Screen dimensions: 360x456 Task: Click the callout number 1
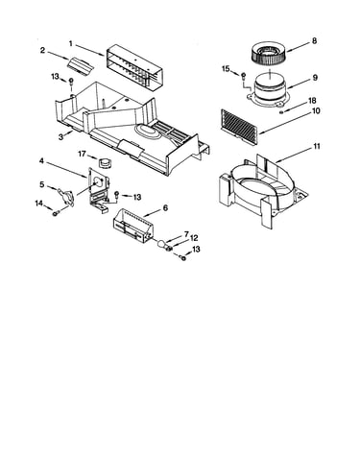coord(71,43)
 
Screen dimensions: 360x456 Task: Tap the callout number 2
coord(42,50)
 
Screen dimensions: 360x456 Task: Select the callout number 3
coord(60,137)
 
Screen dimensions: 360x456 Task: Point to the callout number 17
coord(82,154)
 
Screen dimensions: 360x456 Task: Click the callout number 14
coord(38,204)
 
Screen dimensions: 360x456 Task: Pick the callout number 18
coord(312,101)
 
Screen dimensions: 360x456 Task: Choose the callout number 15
coord(226,68)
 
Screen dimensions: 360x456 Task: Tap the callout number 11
coord(316,146)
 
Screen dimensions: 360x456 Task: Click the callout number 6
coord(165,207)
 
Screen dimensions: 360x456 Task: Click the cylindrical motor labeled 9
coord(271,90)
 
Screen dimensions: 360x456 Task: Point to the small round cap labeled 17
coord(104,162)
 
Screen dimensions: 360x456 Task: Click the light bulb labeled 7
coord(162,245)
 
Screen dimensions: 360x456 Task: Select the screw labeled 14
coord(57,212)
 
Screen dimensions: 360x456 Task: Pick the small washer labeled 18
coord(281,112)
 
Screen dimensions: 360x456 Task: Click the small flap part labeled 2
coord(80,65)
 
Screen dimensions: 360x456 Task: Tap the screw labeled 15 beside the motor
coord(243,76)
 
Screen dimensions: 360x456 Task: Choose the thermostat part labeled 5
coord(66,196)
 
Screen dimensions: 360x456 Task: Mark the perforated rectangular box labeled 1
coord(132,67)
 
